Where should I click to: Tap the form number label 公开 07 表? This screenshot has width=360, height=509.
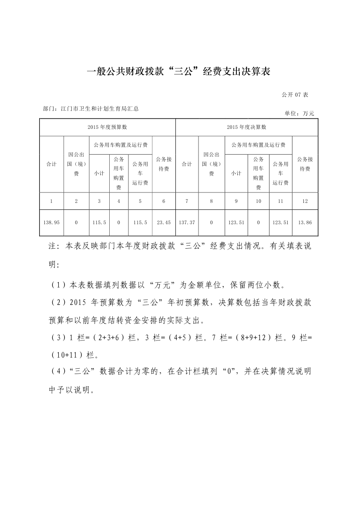[x=295, y=94]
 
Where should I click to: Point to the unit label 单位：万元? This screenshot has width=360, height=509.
[x=299, y=113]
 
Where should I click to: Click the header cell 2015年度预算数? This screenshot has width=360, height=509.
[x=107, y=127]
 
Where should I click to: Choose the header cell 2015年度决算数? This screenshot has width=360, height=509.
[x=246, y=127]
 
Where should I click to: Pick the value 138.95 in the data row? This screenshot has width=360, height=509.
[x=51, y=222]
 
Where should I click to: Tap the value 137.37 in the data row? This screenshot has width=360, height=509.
[x=187, y=222]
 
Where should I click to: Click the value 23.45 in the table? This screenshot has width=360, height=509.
[x=164, y=222]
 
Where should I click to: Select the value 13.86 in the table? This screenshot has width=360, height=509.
[x=305, y=222]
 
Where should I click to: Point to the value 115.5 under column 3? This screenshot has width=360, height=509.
[x=99, y=222]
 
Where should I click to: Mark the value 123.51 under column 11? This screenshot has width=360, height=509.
[x=280, y=222]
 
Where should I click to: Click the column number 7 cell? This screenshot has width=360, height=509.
[x=187, y=201]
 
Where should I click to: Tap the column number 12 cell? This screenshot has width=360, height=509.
[x=305, y=201]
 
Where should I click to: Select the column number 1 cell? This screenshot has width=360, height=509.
[x=51, y=201]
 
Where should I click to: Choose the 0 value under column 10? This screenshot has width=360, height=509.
[x=258, y=222]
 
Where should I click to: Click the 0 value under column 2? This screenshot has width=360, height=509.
[x=76, y=222]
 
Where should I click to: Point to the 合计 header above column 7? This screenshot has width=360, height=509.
[x=187, y=164]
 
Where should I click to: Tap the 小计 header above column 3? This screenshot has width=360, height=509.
[x=99, y=173]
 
